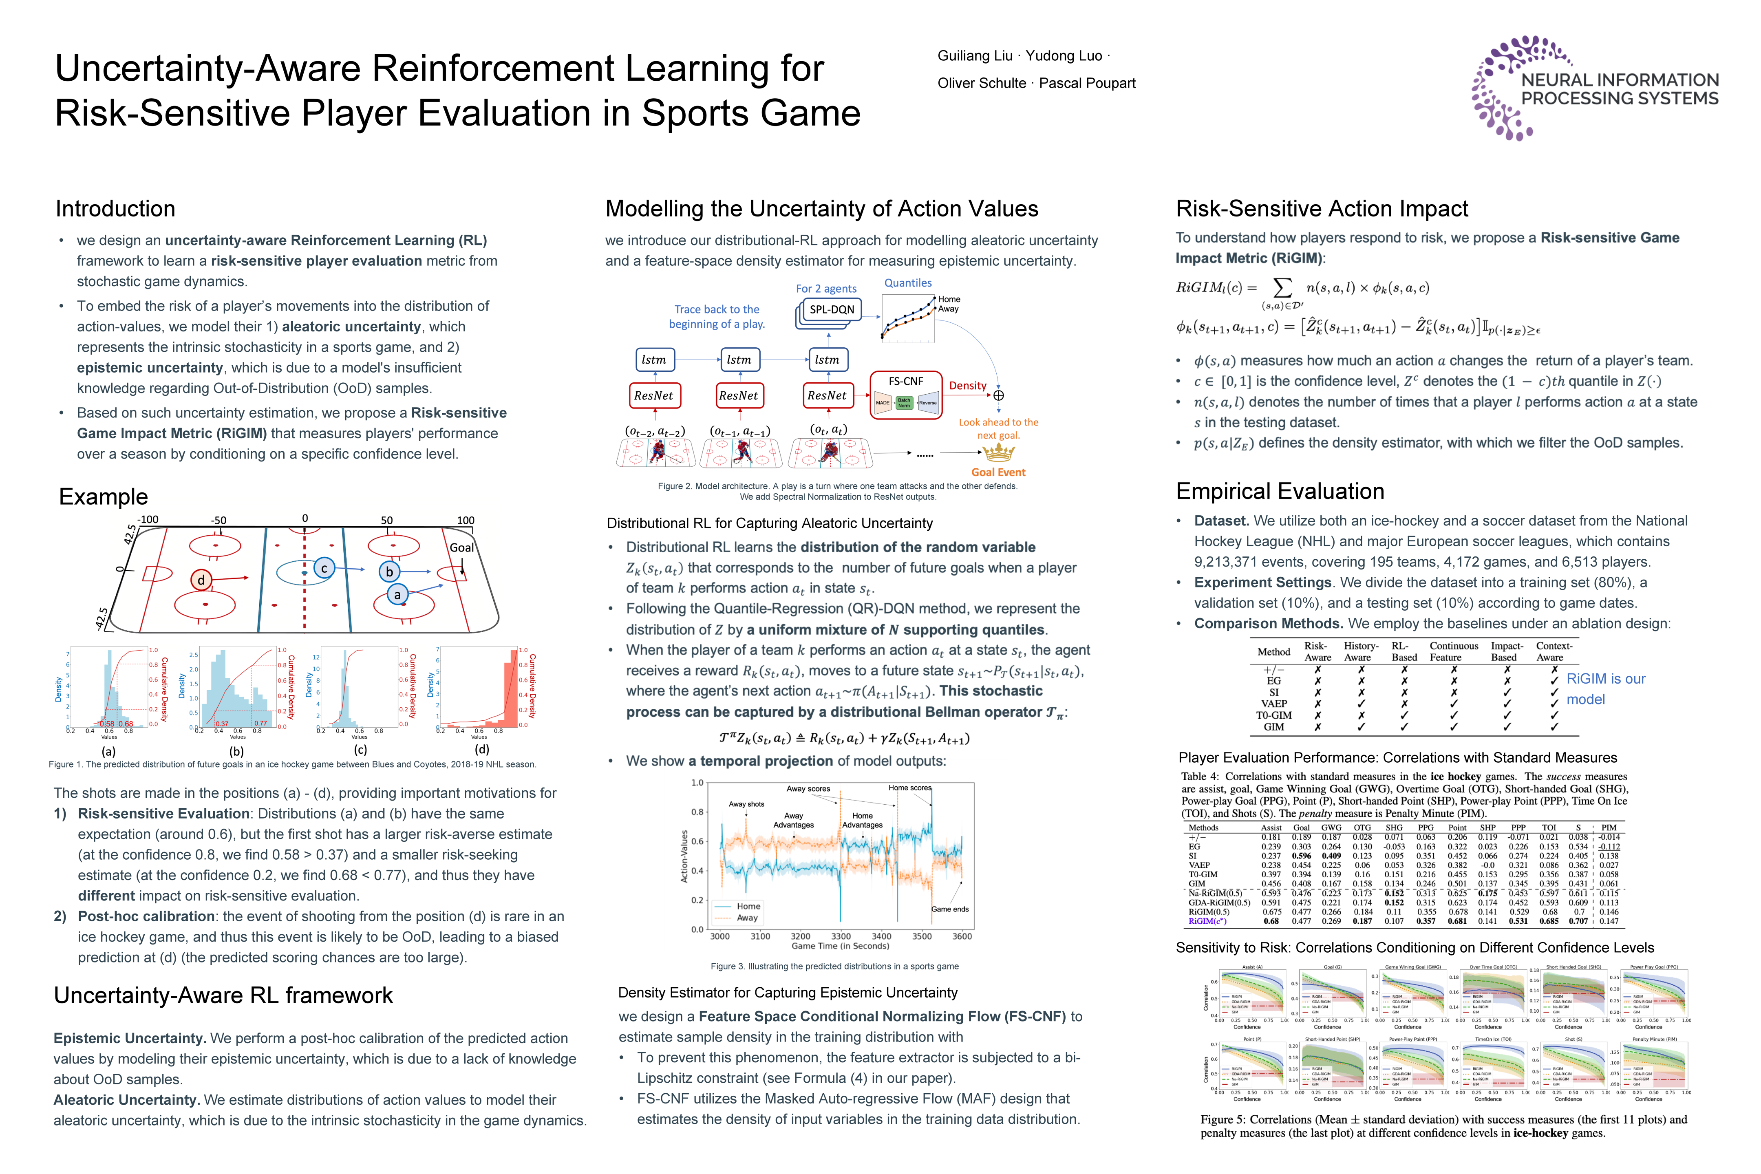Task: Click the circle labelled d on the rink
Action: pyautogui.click(x=201, y=580)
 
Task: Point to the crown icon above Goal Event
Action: pyautogui.click(x=998, y=452)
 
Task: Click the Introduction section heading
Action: pyautogui.click(x=115, y=209)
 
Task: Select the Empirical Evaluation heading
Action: pyautogui.click(x=1280, y=491)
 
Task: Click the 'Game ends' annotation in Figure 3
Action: pyautogui.click(x=949, y=909)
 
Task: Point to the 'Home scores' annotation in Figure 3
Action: pyautogui.click(x=910, y=788)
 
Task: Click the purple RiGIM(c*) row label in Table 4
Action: pyautogui.click(x=1207, y=921)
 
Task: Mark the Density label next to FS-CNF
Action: pyautogui.click(x=967, y=386)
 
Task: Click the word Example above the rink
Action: pyautogui.click(x=103, y=497)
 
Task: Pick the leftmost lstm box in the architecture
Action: pyautogui.click(x=653, y=360)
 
